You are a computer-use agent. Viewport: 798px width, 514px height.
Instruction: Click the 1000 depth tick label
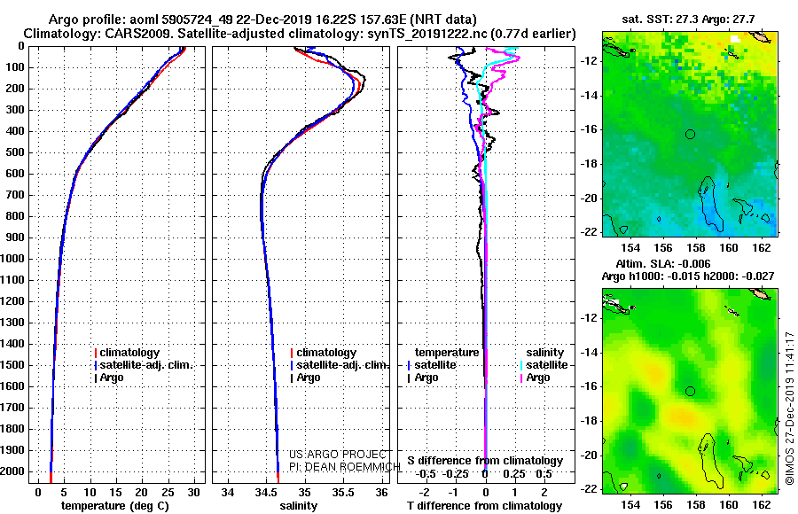pos(12,259)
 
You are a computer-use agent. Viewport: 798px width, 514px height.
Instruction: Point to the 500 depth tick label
pos(15,152)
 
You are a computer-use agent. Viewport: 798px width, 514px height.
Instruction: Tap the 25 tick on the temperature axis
pos(168,492)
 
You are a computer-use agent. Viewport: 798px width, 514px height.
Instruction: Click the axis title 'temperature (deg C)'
pos(115,506)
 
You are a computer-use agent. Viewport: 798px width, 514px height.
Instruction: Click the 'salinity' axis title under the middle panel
pos(298,506)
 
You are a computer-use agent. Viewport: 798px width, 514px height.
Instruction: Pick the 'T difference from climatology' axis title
pos(484,506)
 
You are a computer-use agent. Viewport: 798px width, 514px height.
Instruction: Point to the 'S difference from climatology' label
pos(485,461)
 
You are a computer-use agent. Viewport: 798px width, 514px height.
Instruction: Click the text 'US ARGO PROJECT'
pos(338,455)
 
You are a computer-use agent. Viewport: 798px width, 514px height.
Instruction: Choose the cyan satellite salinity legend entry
pos(544,365)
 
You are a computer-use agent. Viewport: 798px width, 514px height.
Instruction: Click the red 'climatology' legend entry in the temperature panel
pos(127,352)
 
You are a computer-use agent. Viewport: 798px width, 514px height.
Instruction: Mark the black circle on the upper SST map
pos(690,135)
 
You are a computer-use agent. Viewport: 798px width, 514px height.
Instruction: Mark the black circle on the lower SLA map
pos(690,392)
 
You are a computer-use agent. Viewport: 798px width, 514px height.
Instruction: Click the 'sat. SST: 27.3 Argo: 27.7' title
pos(688,19)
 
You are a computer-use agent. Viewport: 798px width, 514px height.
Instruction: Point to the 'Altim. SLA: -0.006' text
pos(663,263)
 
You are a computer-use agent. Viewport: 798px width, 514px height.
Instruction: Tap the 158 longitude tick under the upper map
pos(696,248)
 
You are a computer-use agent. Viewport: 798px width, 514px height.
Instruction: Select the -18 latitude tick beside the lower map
pos(589,421)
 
